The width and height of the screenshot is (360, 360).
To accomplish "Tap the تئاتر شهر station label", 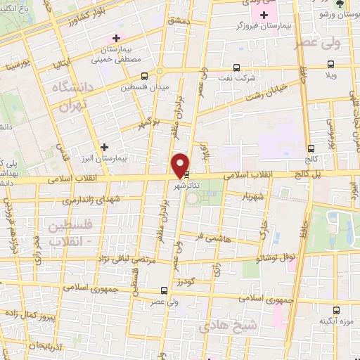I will click(x=188, y=187).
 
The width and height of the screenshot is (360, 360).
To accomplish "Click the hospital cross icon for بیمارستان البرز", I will click(x=105, y=148).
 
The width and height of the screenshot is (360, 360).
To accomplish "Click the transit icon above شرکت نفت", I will click(x=236, y=69).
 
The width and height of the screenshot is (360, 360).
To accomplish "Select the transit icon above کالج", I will click(x=311, y=148).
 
